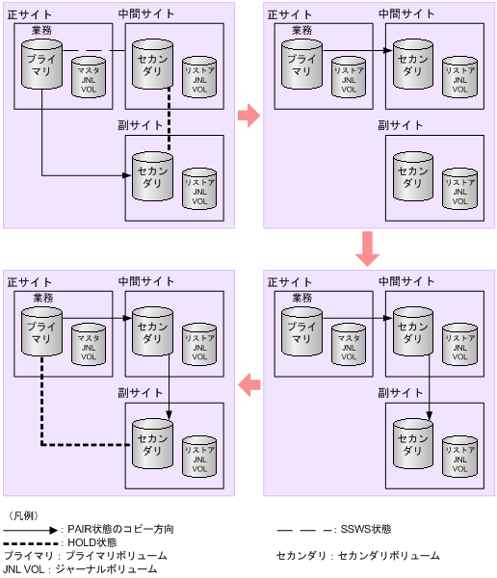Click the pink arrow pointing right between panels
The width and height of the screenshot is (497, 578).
point(248,115)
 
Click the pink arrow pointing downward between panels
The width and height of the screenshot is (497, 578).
point(367,249)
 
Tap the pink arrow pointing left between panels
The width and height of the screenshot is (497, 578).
point(248,384)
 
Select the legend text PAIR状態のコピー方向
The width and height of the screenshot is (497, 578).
point(120,529)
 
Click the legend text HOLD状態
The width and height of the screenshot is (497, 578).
point(92,542)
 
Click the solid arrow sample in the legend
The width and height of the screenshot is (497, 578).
point(31,529)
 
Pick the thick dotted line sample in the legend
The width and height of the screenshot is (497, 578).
point(31,542)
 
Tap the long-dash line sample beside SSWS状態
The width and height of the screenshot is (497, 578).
point(302,529)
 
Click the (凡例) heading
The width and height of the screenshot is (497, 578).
point(23,515)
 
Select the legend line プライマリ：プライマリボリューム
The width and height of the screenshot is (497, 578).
point(85,556)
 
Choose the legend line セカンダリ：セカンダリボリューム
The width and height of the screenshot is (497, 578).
point(357,556)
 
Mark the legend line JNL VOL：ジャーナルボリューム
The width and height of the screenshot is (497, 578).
point(80,569)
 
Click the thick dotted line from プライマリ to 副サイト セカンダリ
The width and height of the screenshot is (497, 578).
point(41,405)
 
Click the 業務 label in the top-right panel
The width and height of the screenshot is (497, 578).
point(301,30)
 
